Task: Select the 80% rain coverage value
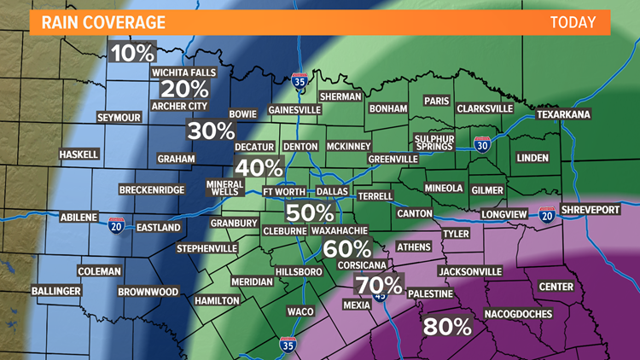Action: tap(446, 326)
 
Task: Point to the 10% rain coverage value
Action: tap(134, 53)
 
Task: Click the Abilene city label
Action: tap(79, 218)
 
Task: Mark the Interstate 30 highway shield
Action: tap(483, 145)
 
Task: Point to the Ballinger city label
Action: tap(56, 291)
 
